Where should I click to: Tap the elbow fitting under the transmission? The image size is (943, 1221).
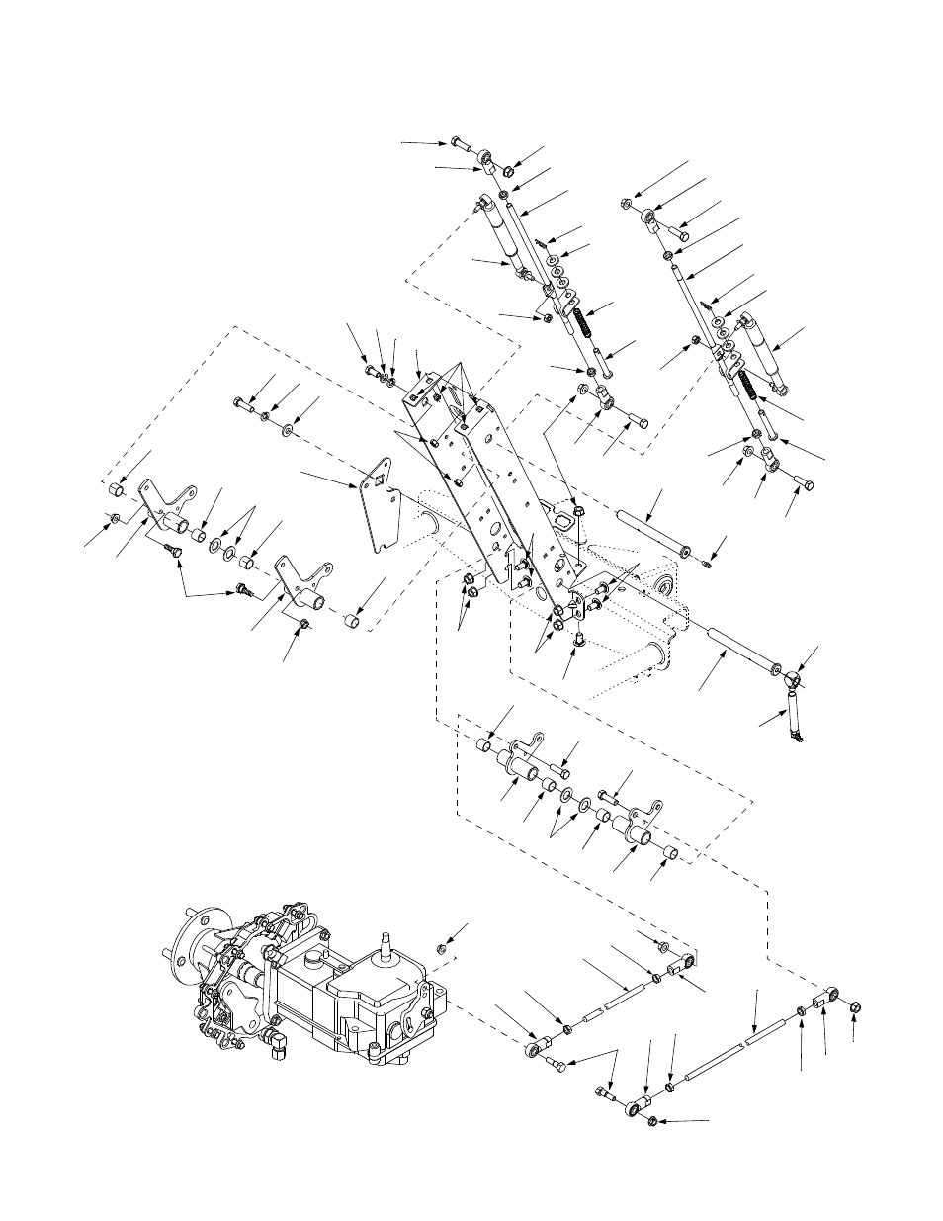click(278, 1041)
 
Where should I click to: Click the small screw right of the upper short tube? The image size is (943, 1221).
click(704, 565)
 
